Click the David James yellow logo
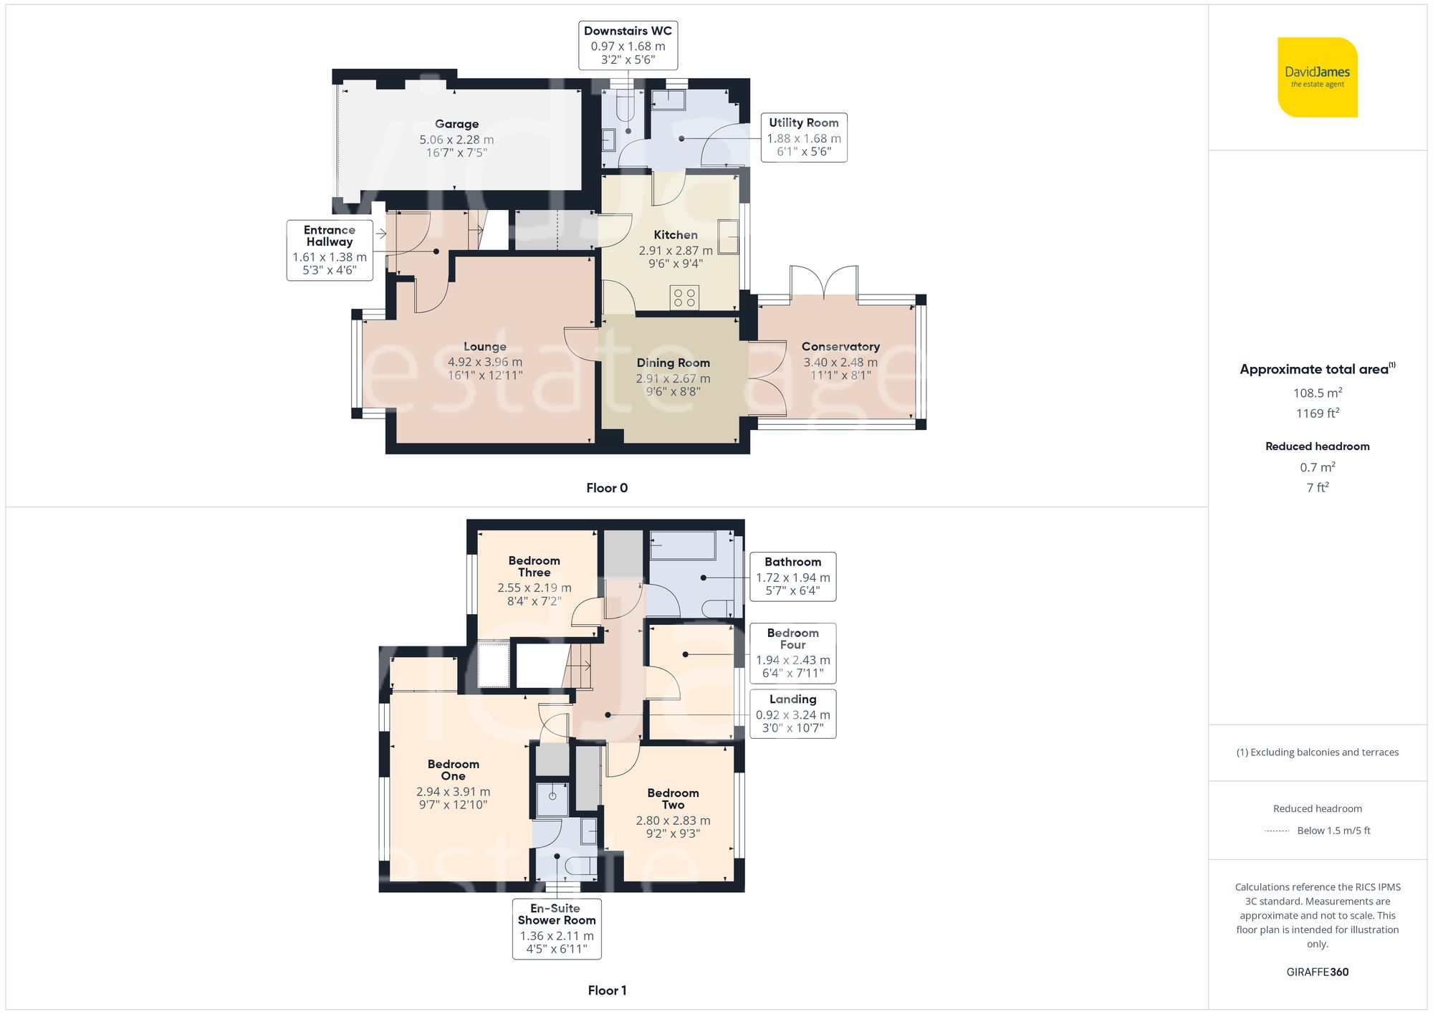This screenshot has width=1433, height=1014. (x=1317, y=77)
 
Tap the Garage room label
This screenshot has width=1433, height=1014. (x=456, y=124)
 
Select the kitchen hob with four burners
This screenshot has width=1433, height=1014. (x=684, y=297)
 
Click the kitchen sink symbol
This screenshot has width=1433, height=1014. (x=728, y=236)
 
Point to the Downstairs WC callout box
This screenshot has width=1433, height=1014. (x=628, y=45)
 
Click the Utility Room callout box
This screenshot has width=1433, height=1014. (x=803, y=138)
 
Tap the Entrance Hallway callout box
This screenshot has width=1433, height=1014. (x=330, y=249)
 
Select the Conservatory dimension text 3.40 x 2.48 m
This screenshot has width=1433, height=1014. (x=840, y=363)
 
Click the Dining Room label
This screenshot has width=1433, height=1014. (x=673, y=363)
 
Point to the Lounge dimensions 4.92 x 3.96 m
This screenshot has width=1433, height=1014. (x=484, y=363)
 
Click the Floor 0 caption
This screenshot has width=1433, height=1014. (x=606, y=488)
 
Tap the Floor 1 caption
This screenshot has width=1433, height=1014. (x=606, y=990)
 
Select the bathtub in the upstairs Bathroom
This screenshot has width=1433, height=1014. (x=682, y=546)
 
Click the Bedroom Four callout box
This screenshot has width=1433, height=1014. (x=792, y=653)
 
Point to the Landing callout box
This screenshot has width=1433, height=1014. (x=792, y=714)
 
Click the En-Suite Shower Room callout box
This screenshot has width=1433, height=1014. (x=557, y=929)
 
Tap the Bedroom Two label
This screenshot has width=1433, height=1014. (x=673, y=798)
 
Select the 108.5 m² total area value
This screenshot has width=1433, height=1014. (x=1317, y=393)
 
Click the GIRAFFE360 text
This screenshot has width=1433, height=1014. (x=1317, y=972)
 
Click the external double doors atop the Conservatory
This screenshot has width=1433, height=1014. (x=824, y=282)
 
